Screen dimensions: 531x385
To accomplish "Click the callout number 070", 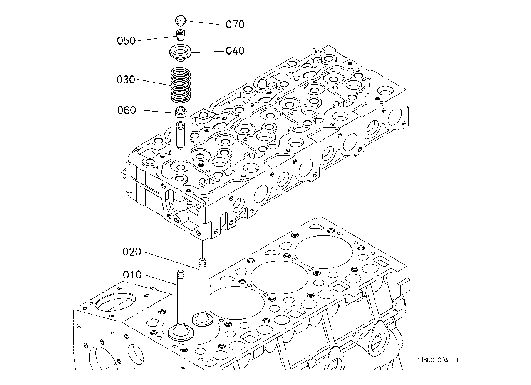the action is coord(235,24).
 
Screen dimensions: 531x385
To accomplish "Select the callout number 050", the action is coord(126,41).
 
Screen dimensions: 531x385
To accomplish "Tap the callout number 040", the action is coord(235,51).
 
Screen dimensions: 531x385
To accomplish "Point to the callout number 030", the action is coord(126,80).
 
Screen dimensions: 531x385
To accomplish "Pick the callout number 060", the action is coord(127,110).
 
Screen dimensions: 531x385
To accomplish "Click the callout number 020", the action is coord(132,252).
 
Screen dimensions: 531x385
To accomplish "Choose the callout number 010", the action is coord(132,275).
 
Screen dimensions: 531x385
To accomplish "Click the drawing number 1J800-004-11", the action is coord(438,360).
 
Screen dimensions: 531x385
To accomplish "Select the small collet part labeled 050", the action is coord(181,35).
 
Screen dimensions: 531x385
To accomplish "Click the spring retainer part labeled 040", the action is coord(181,53).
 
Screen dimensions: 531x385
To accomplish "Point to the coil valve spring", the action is coord(181,85).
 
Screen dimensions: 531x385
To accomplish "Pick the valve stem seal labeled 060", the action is coord(181,112).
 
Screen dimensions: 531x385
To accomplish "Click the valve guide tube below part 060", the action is coord(180,135).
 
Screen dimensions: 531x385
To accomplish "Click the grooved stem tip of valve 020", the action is coord(202,262).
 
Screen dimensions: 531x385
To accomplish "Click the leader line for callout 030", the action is coord(154,83).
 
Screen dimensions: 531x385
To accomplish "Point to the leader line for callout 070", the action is coord(205,23).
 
